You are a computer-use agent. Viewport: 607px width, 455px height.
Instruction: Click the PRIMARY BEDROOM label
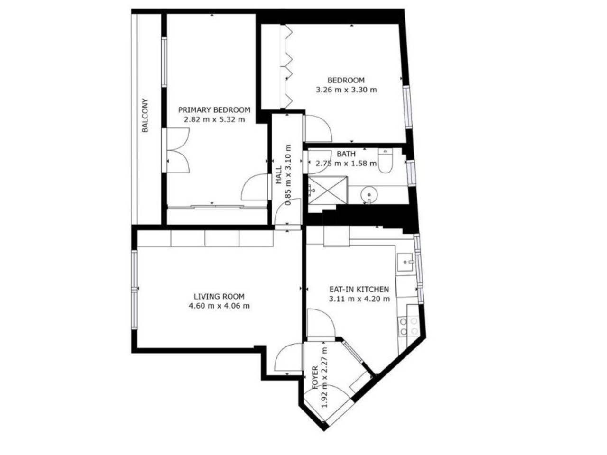pyautogui.click(x=214, y=110)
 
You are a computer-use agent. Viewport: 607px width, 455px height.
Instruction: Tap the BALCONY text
pyautogui.click(x=145, y=116)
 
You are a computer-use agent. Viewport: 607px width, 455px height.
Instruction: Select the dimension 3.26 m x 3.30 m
pyautogui.click(x=346, y=90)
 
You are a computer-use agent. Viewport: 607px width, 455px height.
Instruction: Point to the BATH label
pyautogui.click(x=346, y=154)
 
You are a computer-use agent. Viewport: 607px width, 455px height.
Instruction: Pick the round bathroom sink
pyautogui.click(x=368, y=194)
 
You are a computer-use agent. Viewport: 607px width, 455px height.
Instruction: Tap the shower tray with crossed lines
pyautogui.click(x=327, y=190)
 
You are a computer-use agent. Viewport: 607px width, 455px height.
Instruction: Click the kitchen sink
pyautogui.click(x=405, y=262)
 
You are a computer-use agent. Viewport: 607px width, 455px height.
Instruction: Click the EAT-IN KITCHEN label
pyautogui.click(x=359, y=289)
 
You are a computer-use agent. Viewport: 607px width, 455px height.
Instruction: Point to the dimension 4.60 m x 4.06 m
pyautogui.click(x=219, y=306)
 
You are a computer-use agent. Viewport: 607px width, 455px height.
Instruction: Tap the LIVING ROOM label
pyautogui.click(x=219, y=296)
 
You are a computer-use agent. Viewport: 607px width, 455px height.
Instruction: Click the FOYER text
pyautogui.click(x=315, y=378)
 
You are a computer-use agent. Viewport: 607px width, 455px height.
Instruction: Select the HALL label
pyautogui.click(x=278, y=175)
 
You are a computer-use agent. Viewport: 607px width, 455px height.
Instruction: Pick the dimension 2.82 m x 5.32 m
pyautogui.click(x=214, y=119)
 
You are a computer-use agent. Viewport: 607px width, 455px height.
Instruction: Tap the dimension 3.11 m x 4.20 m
pyautogui.click(x=359, y=299)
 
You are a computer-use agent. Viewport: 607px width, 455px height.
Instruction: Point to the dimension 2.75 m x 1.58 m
pyautogui.click(x=346, y=163)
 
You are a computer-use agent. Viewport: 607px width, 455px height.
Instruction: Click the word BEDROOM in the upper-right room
pyautogui.click(x=346, y=80)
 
